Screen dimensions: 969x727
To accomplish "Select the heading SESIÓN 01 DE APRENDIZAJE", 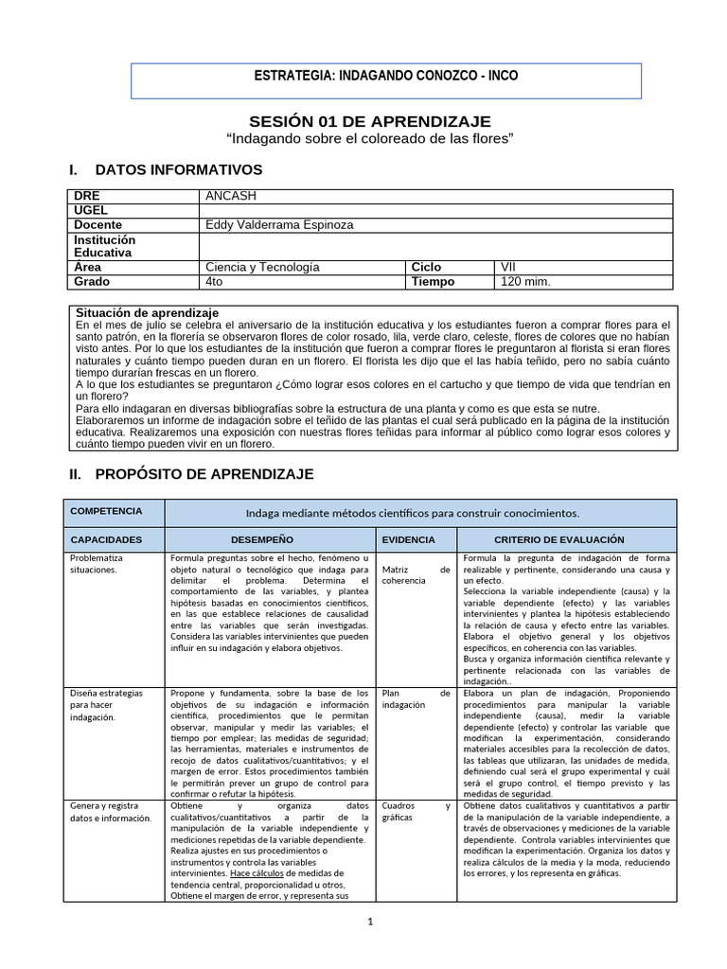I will pos(370,121).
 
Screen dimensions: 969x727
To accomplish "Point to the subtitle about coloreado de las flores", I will pos(370,139).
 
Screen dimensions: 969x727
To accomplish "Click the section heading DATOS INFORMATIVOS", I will pos(179,170).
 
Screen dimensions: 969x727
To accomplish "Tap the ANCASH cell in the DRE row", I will pos(231,196).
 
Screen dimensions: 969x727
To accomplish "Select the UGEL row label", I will pos(91,210).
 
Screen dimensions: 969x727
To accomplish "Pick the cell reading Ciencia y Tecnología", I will pos(262,267).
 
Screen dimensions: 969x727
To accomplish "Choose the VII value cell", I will pos(508,267).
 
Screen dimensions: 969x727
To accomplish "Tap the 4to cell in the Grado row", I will pos(214,281).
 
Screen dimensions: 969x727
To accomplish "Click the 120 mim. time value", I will pos(524,281).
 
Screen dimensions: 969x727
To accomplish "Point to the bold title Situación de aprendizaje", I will pos(147,312).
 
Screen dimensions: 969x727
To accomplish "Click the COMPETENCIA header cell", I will pos(106,511).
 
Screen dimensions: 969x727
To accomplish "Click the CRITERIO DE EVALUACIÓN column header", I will pos(564,539).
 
